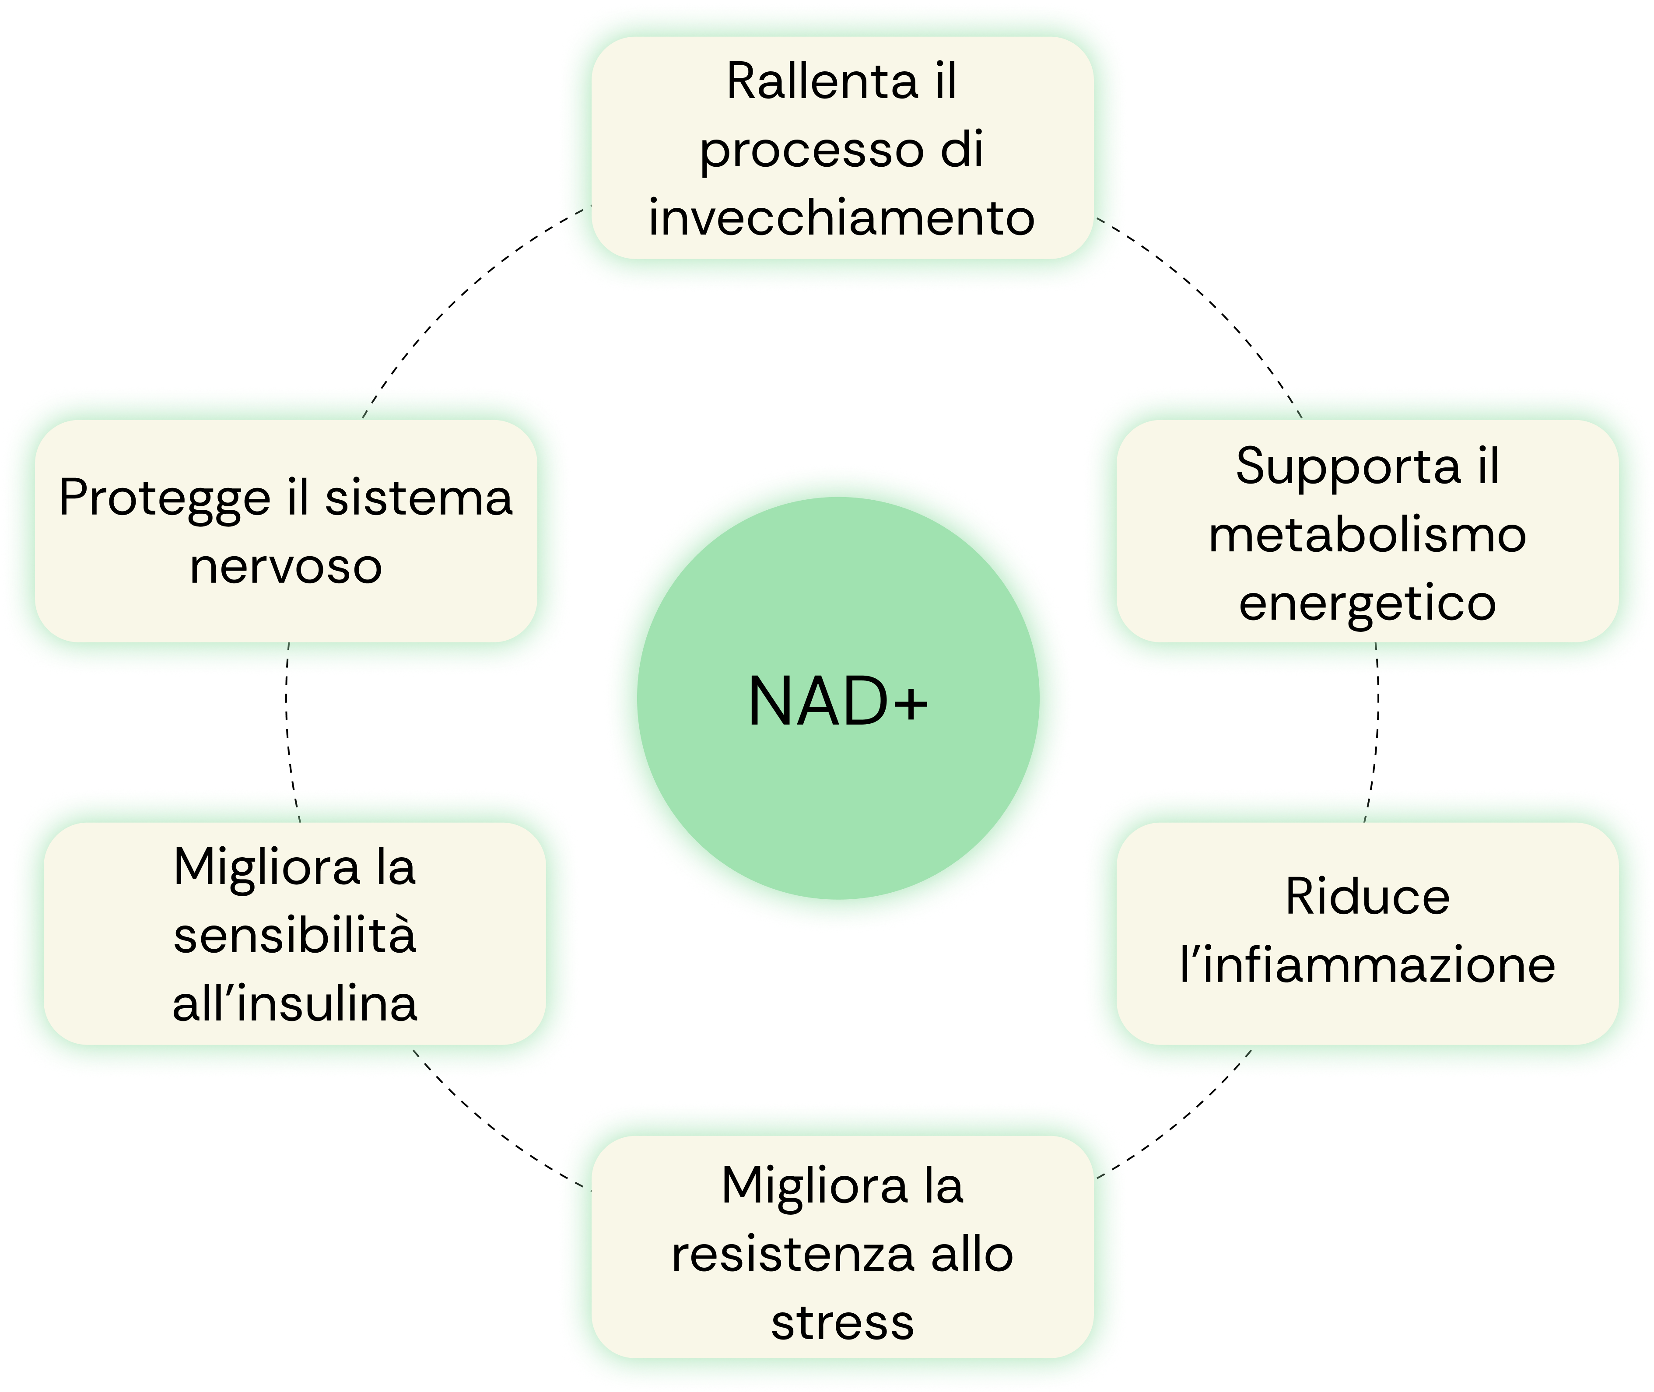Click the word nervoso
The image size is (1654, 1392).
[286, 567]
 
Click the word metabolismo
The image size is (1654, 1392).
[1367, 535]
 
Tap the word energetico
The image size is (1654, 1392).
[1367, 604]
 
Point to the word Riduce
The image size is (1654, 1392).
[1367, 897]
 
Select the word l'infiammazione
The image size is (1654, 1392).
[1367, 964]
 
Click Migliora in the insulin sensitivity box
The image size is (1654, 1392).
[266, 867]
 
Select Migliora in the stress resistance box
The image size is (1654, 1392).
[814, 1185]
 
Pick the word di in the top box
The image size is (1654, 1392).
[962, 150]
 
